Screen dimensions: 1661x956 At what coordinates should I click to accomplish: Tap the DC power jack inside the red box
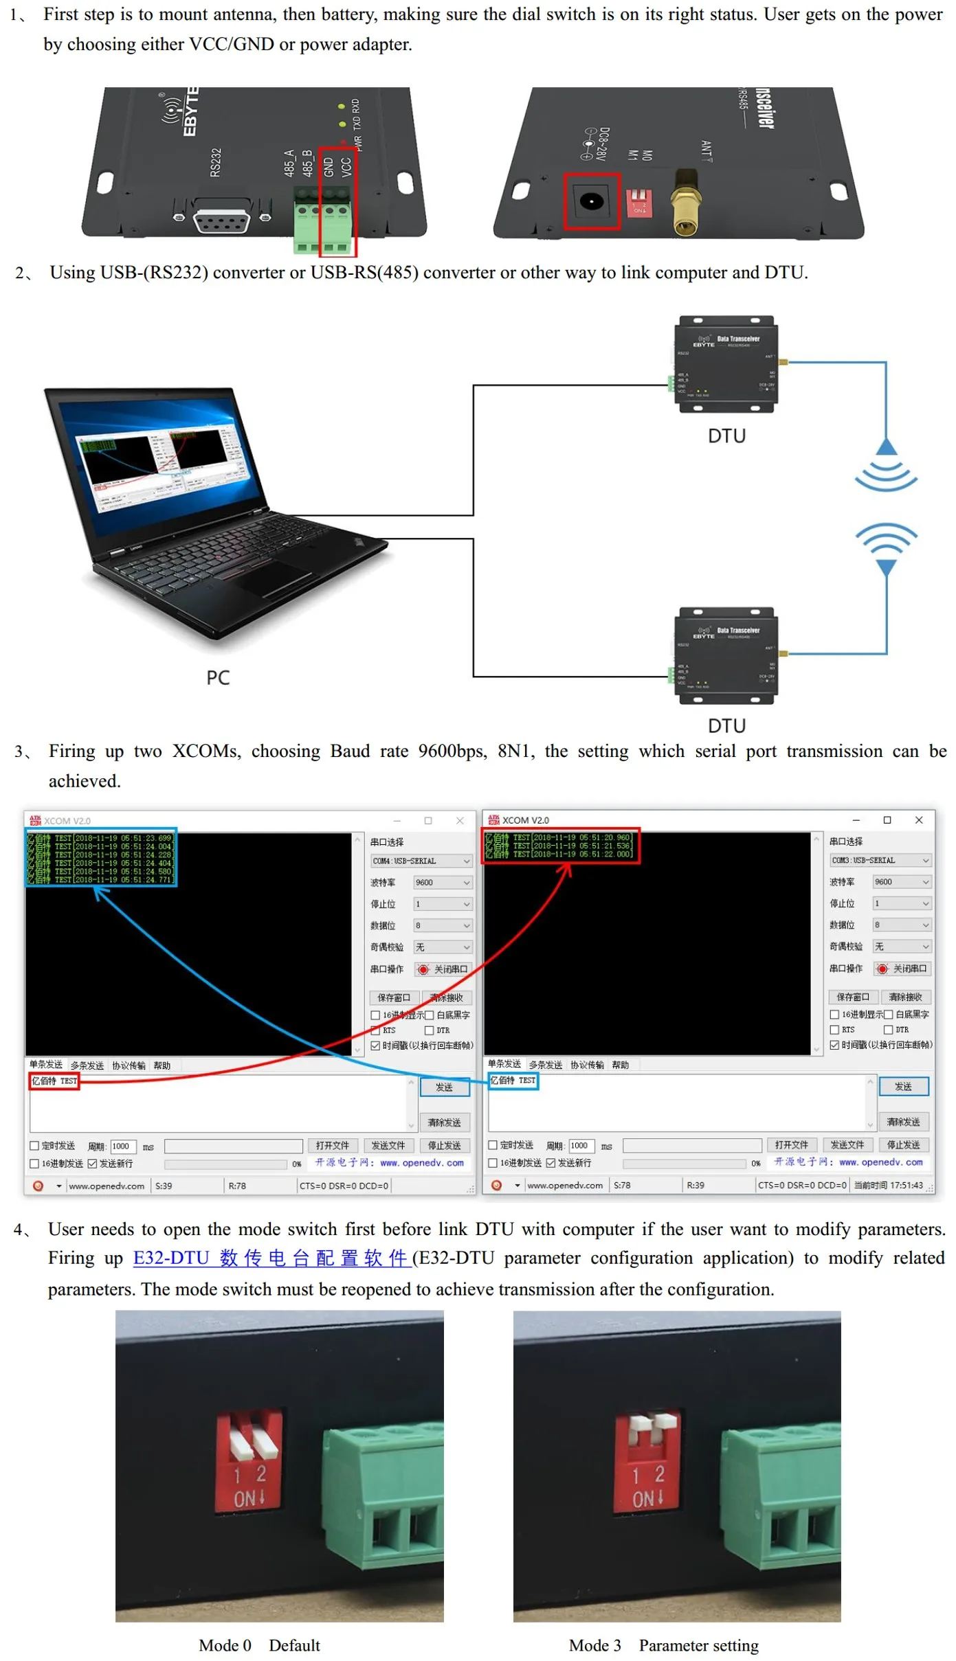click(591, 201)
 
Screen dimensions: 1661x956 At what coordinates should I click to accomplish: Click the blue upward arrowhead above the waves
click(887, 447)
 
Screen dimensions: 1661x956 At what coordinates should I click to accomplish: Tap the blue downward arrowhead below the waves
click(887, 567)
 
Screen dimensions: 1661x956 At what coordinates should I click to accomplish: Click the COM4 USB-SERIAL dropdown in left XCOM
click(421, 861)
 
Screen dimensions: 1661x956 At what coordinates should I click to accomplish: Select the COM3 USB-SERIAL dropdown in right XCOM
click(880, 860)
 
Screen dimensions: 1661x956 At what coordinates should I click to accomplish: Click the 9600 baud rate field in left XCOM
click(443, 883)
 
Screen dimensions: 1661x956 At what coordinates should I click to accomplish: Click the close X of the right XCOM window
click(919, 820)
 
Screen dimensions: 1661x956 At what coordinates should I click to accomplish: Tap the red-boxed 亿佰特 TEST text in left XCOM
click(54, 1081)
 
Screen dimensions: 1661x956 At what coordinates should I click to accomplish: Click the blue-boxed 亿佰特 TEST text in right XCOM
click(513, 1081)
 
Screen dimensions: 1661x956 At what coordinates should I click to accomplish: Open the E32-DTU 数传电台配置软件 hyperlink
click(271, 1258)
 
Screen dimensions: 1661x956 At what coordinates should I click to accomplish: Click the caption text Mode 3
click(594, 1645)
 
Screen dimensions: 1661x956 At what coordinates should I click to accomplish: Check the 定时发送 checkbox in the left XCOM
click(34, 1146)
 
